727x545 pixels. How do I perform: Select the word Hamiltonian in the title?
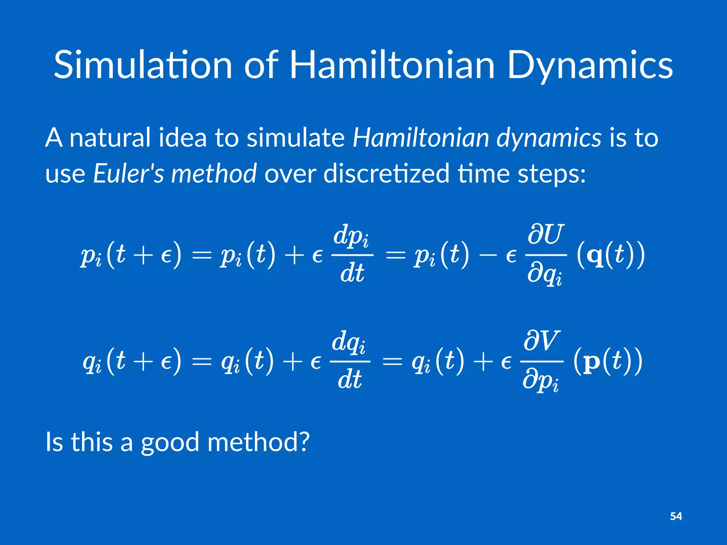point(392,65)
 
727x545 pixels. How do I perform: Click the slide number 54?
point(676,516)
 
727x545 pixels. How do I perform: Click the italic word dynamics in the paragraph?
point(548,138)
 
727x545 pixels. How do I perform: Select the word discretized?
point(386,174)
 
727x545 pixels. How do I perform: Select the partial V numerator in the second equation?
point(542,341)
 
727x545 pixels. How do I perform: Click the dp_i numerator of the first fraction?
point(351,236)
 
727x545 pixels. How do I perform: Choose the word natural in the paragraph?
point(110,138)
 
